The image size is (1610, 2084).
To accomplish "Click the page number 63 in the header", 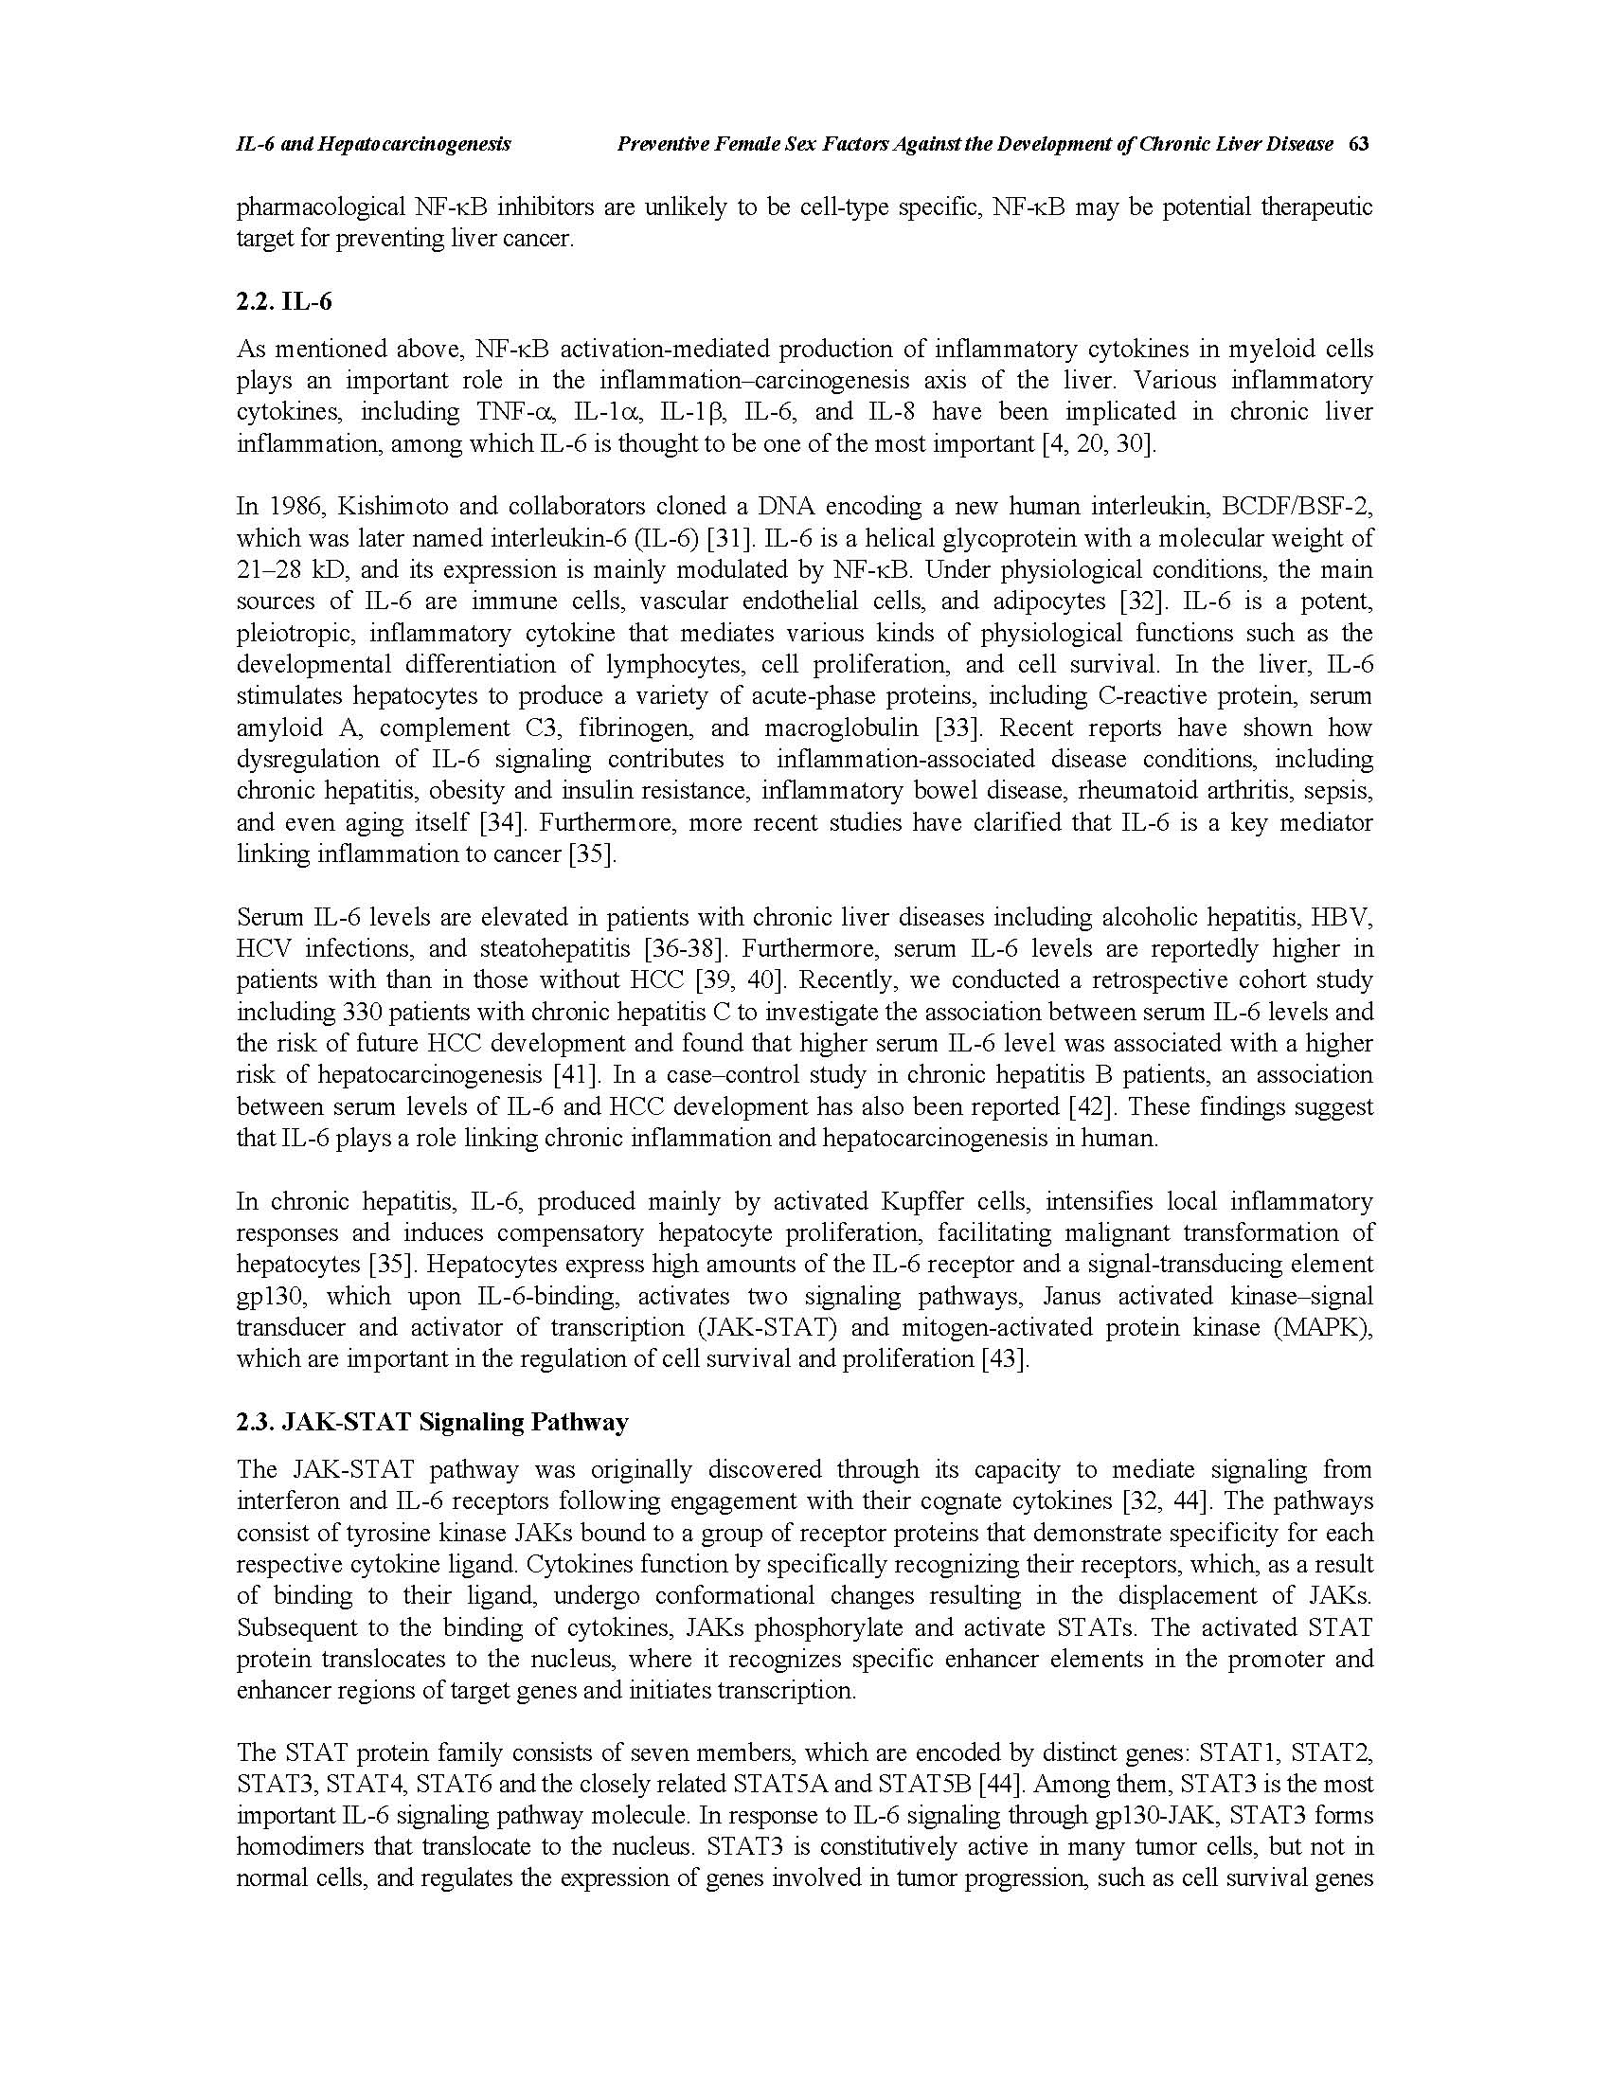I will click(1359, 144).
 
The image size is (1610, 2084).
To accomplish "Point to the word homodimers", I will click(305, 1846).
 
